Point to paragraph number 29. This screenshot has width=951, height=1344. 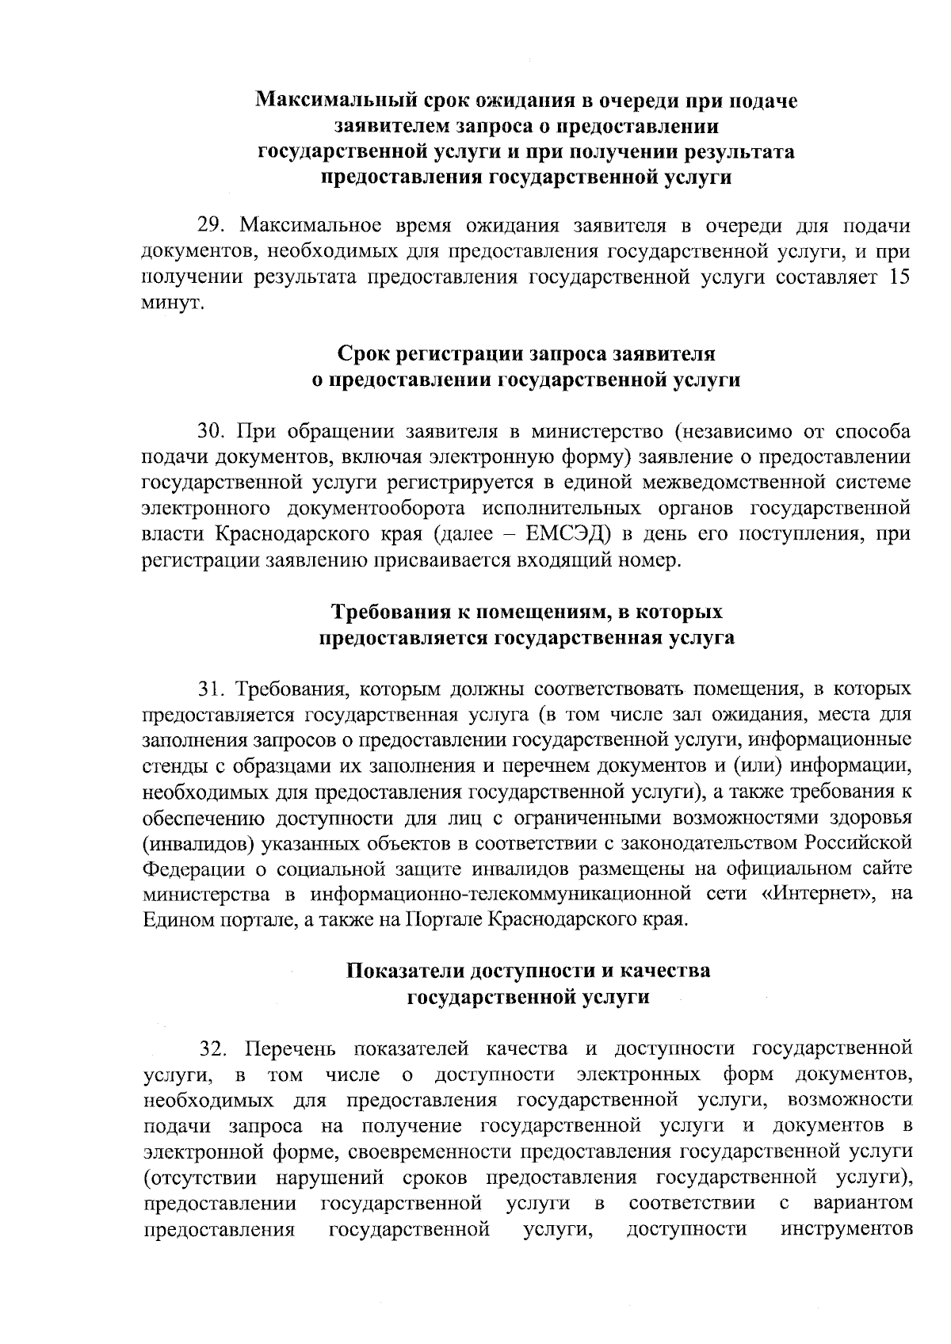point(211,226)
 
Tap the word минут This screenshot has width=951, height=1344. point(173,304)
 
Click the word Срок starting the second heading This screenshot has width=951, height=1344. point(364,353)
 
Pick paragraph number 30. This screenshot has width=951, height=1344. point(212,432)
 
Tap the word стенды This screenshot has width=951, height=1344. point(171,766)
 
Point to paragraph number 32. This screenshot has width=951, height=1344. point(214,1049)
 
